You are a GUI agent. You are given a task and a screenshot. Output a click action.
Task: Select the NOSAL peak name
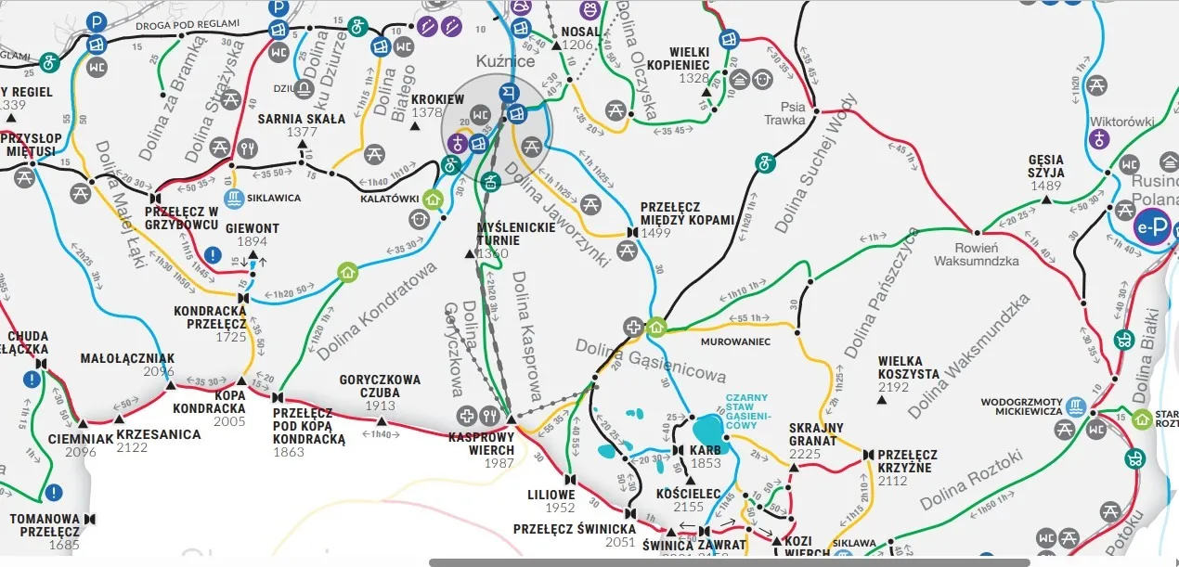point(579,32)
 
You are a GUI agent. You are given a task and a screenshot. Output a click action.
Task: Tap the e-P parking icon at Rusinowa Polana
point(1151,226)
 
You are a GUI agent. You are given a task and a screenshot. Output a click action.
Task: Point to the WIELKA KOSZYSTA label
point(908,361)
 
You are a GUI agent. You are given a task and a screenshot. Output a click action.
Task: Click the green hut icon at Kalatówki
point(432,198)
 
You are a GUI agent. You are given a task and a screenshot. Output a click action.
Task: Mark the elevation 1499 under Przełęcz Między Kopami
point(654,233)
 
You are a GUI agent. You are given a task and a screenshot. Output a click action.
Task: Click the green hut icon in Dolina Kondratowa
point(347,272)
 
